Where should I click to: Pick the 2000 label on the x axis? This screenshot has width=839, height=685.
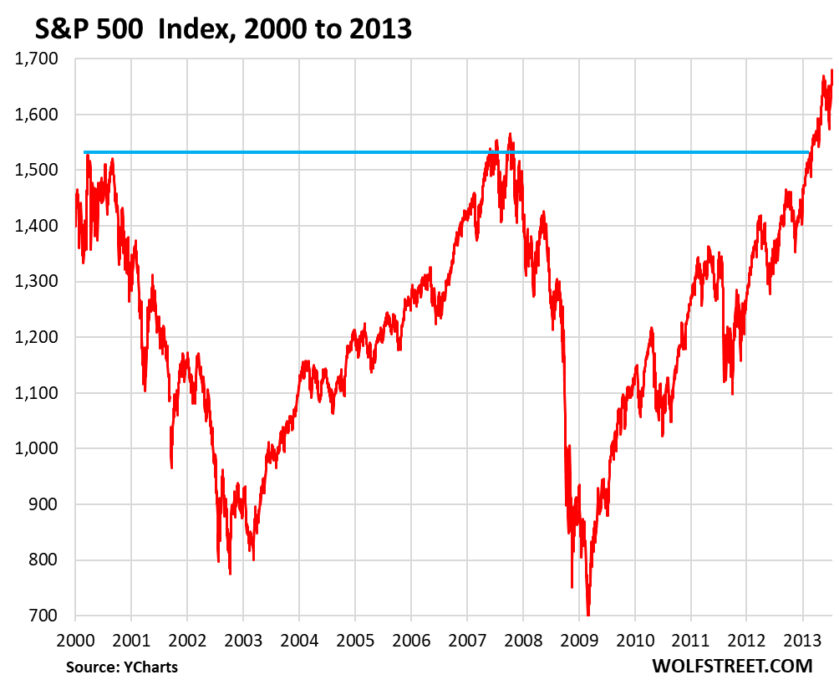pyautogui.click(x=75, y=637)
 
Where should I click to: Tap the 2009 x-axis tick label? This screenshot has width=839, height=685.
pyautogui.click(x=579, y=637)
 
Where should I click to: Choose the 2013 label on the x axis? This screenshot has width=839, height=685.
pyautogui.click(x=803, y=637)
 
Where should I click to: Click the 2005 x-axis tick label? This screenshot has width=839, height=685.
pyautogui.click(x=355, y=637)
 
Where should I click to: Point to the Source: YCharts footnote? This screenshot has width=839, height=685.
pyautogui.click(x=122, y=667)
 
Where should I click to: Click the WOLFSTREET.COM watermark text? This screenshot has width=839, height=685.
pyautogui.click(x=720, y=666)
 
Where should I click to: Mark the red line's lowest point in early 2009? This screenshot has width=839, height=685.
pyautogui.click(x=588, y=614)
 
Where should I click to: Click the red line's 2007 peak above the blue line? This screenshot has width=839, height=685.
pyautogui.click(x=510, y=134)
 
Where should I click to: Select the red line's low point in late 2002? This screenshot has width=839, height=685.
pyautogui.click(x=230, y=573)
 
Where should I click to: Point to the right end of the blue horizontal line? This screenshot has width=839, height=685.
pyautogui.click(x=809, y=152)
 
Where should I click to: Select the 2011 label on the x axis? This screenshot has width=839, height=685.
pyautogui.click(x=691, y=637)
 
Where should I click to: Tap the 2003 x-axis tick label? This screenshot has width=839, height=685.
pyautogui.click(x=243, y=637)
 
